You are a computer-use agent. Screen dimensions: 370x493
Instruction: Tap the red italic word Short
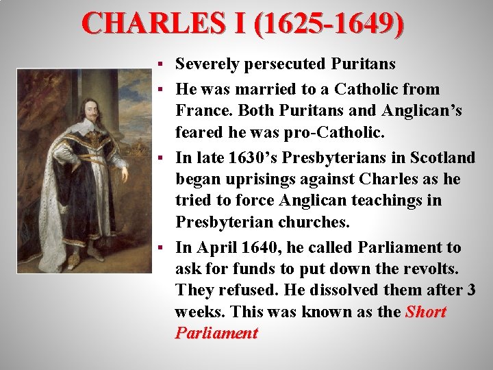click(425, 312)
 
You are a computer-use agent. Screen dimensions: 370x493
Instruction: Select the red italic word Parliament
click(216, 334)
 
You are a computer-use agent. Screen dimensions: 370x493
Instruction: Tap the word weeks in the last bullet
click(200, 312)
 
